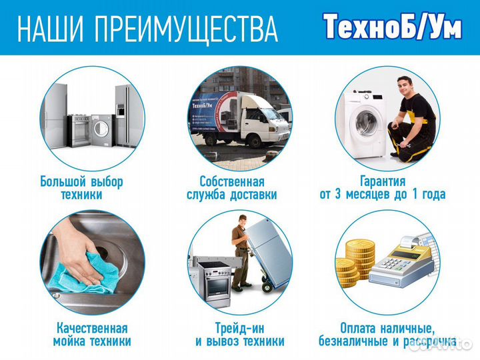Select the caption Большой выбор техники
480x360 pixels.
(x=81, y=188)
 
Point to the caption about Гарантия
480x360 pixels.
(x=383, y=188)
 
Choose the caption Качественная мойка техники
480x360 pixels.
(x=91, y=335)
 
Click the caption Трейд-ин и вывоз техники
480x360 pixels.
(x=239, y=335)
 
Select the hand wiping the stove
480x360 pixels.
(x=80, y=247)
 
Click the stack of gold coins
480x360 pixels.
(x=352, y=267)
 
